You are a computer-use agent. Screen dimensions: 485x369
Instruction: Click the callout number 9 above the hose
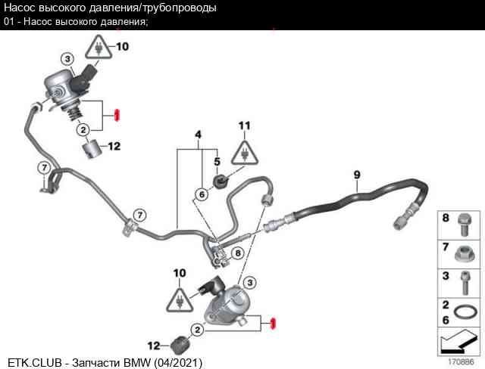tap(357, 175)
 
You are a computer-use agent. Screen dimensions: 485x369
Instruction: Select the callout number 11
tap(244, 126)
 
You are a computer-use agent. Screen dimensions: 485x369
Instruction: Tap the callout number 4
tap(198, 134)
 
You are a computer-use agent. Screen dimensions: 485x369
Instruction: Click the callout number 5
tap(217, 161)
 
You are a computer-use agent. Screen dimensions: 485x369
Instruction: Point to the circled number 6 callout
tap(202, 194)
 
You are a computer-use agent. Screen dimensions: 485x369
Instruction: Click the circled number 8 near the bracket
tap(237, 253)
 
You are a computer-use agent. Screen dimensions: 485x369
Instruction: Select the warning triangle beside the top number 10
tap(99, 47)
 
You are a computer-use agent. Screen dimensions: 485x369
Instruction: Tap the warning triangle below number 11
tap(244, 153)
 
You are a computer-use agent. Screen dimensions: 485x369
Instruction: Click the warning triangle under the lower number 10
tap(180, 300)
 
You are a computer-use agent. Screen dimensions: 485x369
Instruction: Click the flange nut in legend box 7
tap(465, 254)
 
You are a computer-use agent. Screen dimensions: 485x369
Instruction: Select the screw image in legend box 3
tap(465, 283)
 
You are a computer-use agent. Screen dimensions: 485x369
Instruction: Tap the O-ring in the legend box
tap(465, 312)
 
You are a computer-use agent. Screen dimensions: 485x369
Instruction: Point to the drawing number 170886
tap(461, 361)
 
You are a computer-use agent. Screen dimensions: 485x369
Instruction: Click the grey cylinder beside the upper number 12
tap(92, 149)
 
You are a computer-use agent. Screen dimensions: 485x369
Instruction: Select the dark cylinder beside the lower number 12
tap(180, 346)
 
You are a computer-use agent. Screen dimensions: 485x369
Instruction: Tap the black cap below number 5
tap(221, 181)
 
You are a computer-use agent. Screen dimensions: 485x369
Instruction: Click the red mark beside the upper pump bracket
tap(117, 116)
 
